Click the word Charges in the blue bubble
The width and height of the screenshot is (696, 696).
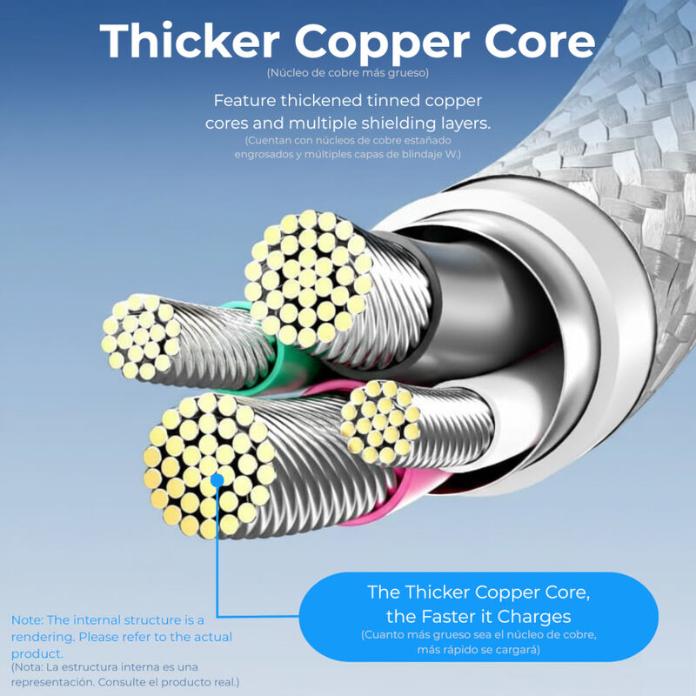pos(536,617)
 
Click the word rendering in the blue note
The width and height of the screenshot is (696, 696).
pos(43,637)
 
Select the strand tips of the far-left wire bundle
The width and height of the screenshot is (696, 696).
pos(139,337)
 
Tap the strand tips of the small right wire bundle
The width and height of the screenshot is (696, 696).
pos(379,422)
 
